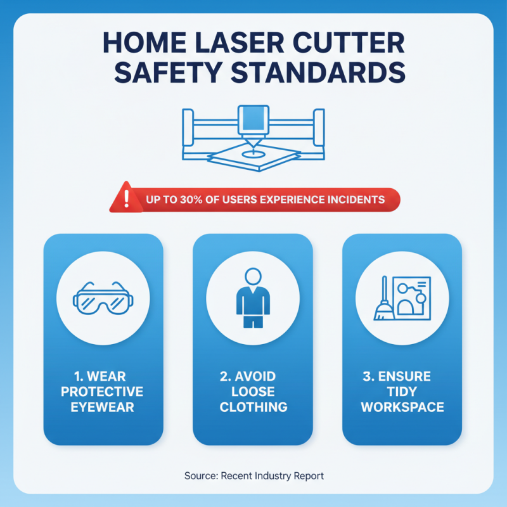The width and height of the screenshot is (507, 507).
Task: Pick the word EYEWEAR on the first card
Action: tap(103, 407)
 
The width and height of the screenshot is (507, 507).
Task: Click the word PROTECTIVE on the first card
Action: tap(103, 392)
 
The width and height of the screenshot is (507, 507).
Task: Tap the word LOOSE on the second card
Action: tap(253, 392)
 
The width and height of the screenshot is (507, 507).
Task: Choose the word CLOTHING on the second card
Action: tap(253, 407)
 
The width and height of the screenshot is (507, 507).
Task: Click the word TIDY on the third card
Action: tap(402, 392)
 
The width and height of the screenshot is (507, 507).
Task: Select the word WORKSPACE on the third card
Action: tap(402, 407)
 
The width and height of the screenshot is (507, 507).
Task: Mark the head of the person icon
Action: tap(253, 277)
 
